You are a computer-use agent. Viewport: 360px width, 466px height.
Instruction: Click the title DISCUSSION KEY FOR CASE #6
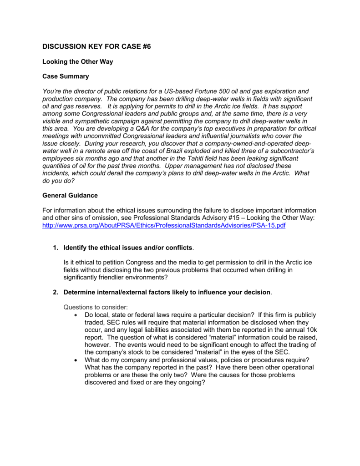point(96,46)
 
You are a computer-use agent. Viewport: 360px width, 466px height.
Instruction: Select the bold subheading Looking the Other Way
point(77,62)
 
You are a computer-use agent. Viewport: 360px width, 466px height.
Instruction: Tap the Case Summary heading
point(66,76)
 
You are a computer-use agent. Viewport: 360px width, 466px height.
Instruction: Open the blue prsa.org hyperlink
point(163,225)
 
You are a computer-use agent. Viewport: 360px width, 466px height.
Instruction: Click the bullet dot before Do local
point(75,315)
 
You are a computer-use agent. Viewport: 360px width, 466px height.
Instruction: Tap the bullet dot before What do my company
point(75,359)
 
